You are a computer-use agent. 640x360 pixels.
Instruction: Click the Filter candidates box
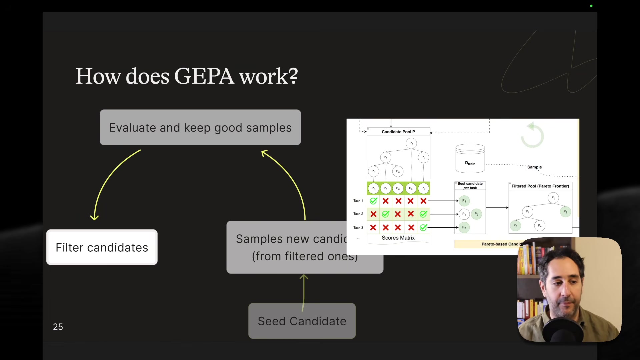(102, 247)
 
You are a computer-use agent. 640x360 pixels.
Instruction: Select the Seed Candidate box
(302, 321)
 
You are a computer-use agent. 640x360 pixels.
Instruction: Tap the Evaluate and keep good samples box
(200, 127)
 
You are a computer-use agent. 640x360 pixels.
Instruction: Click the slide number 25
(58, 327)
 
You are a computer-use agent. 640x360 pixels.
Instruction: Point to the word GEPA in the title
(204, 76)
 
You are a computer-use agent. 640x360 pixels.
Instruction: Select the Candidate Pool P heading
(398, 132)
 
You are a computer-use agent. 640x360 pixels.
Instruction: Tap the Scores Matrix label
(398, 238)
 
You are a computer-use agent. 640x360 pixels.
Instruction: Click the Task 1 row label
(358, 201)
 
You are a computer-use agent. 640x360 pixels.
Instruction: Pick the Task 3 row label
(358, 228)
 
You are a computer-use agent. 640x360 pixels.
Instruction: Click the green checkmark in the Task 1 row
(373, 201)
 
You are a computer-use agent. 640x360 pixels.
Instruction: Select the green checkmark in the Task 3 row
(423, 228)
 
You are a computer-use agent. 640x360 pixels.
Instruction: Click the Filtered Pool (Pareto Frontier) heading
(540, 186)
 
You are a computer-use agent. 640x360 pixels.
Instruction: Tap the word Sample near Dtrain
(534, 167)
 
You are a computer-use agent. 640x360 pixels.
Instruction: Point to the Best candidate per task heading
(470, 186)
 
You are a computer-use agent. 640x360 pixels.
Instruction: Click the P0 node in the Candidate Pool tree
(411, 143)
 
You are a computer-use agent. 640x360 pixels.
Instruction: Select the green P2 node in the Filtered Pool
(565, 212)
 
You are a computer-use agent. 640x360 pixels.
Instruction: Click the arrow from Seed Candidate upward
(303, 290)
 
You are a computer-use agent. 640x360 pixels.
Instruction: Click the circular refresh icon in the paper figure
(532, 135)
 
